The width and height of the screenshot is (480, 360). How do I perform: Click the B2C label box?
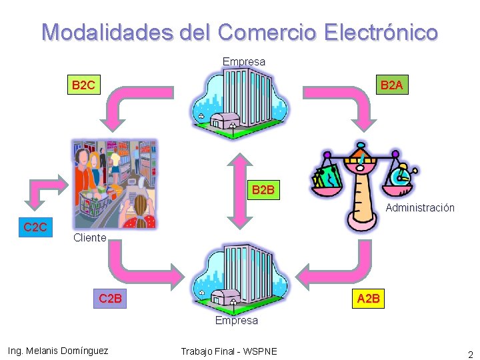(x=83, y=85)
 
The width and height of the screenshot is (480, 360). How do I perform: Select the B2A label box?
(x=391, y=85)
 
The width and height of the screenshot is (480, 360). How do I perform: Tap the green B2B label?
(x=263, y=190)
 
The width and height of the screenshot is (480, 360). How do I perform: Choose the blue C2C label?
(x=35, y=227)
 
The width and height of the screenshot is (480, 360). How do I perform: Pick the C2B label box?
(x=110, y=298)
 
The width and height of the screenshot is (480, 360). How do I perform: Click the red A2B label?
(x=369, y=298)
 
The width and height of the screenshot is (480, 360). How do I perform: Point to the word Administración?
(x=420, y=208)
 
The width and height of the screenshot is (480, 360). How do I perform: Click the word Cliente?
(x=89, y=238)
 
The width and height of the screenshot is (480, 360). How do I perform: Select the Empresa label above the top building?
(x=243, y=62)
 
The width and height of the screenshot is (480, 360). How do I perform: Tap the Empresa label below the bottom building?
(x=236, y=321)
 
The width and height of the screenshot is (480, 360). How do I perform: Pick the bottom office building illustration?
(x=238, y=277)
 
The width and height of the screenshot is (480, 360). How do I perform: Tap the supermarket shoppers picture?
(x=114, y=183)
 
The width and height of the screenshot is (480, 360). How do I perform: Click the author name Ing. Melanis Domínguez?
(x=57, y=351)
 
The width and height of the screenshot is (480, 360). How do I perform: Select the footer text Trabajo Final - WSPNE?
(x=229, y=351)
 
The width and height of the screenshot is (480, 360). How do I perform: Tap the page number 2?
(x=470, y=355)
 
